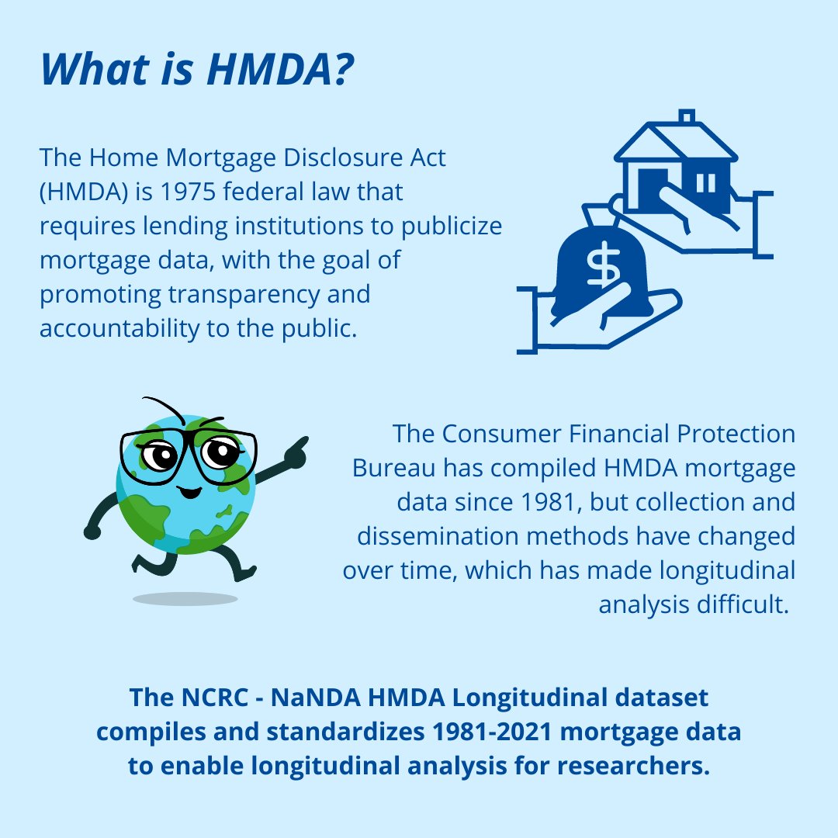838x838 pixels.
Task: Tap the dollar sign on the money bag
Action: (599, 268)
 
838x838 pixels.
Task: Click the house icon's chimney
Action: (686, 117)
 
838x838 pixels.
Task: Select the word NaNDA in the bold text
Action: (316, 698)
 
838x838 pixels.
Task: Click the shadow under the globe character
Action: (185, 598)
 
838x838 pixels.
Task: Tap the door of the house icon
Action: (652, 185)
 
